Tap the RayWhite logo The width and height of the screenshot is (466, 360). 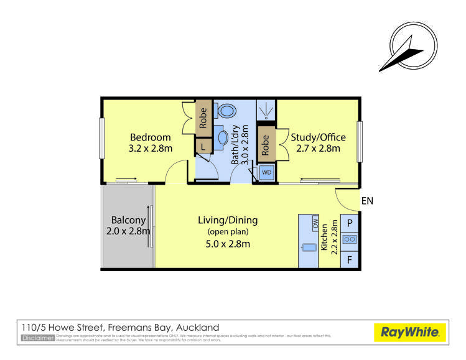(409, 332)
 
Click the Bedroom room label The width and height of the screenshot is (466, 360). (150, 142)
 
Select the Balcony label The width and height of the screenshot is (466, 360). (128, 225)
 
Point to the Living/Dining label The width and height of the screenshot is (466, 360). (228, 231)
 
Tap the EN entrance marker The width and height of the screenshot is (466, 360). (366, 201)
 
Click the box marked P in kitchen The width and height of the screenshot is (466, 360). (350, 223)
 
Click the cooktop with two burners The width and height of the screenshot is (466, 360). (350, 239)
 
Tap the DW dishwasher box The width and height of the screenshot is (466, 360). (315, 223)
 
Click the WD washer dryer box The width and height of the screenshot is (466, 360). (266, 172)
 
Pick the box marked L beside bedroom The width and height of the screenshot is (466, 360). (203, 147)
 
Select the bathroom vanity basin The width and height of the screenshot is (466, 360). (223, 137)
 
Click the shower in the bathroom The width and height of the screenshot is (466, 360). (267, 110)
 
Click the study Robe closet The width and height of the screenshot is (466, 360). (266, 144)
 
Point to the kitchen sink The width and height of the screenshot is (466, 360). (309, 248)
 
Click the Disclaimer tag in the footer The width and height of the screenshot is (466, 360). (37, 338)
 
